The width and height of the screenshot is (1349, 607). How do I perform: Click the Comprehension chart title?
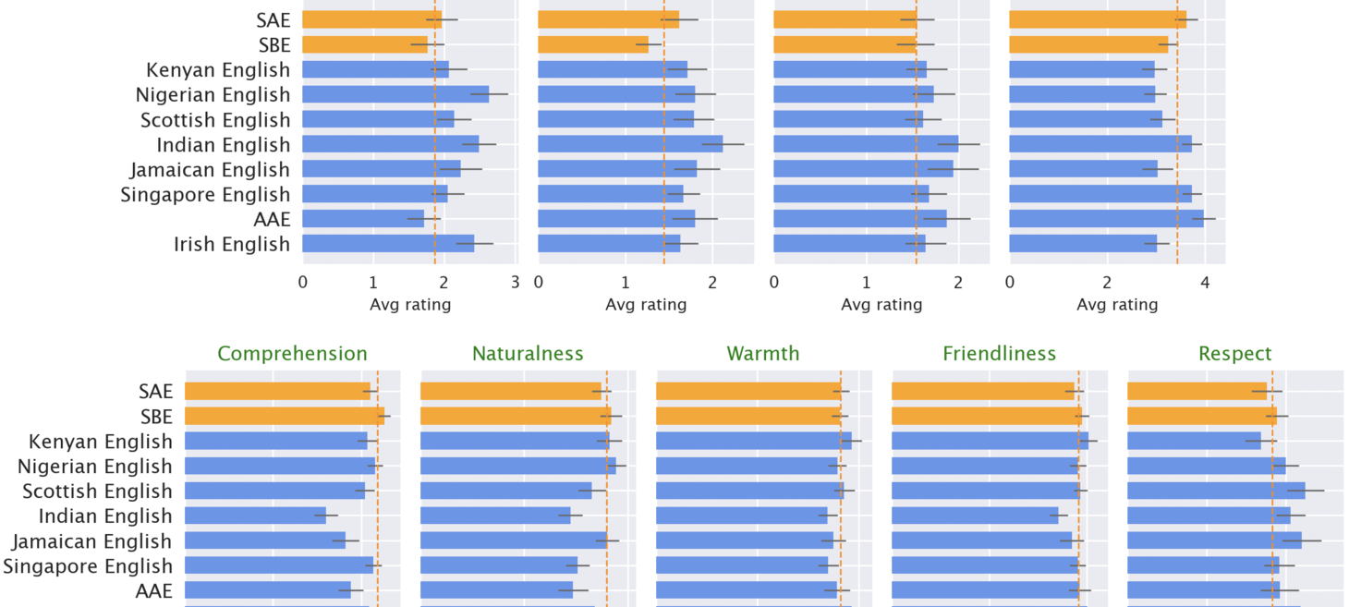tap(292, 354)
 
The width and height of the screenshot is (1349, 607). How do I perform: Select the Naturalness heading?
tap(528, 354)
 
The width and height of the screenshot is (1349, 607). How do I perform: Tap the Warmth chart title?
tap(763, 354)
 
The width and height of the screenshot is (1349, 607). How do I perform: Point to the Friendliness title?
tap(999, 354)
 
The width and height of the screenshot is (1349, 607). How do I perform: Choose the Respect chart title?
tap(1234, 354)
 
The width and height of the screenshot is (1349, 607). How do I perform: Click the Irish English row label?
tap(231, 244)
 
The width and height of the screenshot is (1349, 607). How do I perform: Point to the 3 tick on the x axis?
tap(515, 282)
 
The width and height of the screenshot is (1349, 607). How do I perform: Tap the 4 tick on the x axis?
tap(1204, 282)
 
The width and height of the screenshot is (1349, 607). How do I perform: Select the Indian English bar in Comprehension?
tap(255, 516)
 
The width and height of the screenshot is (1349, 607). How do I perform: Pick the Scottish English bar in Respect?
tap(1216, 491)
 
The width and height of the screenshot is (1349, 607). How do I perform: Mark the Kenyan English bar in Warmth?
tap(753, 442)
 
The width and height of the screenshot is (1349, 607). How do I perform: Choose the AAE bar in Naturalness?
tap(496, 590)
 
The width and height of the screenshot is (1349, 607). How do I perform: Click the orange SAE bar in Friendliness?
tap(983, 392)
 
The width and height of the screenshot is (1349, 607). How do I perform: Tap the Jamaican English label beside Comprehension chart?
tap(91, 540)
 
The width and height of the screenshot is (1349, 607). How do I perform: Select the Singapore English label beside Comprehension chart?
tap(88, 565)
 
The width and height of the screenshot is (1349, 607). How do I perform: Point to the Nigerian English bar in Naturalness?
tap(517, 467)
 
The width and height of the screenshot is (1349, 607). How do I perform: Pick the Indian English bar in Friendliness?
tap(975, 516)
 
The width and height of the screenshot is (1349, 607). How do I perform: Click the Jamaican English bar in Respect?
tap(1214, 540)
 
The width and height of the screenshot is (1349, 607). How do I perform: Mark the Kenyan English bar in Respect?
tap(1194, 442)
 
